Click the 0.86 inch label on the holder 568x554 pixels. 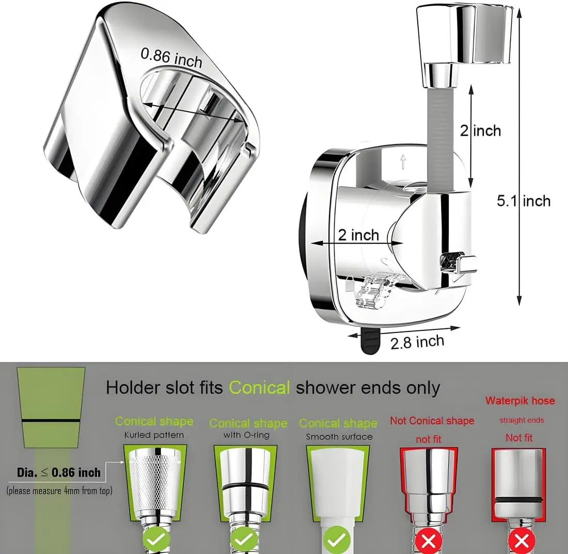[171, 57]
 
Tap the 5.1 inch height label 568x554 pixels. [524, 200]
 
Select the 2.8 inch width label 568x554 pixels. [417, 342]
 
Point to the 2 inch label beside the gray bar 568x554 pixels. [480, 130]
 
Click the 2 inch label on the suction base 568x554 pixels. [358, 235]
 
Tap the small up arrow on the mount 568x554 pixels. [403, 163]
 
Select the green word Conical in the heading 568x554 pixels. [259, 387]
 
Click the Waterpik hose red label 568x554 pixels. [519, 401]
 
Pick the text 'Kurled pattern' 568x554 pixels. [154, 435]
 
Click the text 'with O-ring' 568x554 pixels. [247, 435]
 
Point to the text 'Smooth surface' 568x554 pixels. [339, 437]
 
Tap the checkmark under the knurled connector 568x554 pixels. [153, 540]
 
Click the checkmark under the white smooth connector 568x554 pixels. [338, 540]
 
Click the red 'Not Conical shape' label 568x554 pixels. [432, 421]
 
